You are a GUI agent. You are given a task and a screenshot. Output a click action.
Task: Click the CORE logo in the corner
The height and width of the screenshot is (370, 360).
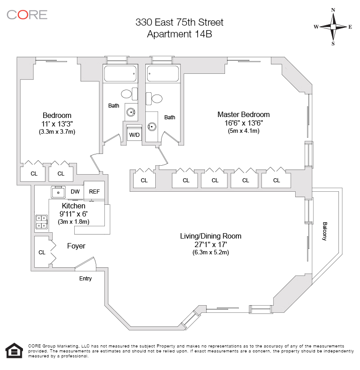click(27, 14)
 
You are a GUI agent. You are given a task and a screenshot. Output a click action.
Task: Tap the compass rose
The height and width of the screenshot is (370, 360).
click(333, 27)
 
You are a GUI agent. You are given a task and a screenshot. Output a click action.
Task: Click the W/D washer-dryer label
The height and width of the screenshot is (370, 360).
click(134, 135)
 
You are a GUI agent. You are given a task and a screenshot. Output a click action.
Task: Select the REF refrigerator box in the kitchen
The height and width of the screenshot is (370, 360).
click(94, 191)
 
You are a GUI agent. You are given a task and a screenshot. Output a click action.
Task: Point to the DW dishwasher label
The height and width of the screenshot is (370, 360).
click(75, 192)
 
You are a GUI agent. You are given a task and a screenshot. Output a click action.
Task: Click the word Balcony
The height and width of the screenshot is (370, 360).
click(324, 231)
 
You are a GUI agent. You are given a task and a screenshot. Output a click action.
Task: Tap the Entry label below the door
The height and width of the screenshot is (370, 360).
click(85, 279)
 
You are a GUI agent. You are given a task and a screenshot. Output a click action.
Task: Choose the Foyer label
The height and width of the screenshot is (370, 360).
click(76, 246)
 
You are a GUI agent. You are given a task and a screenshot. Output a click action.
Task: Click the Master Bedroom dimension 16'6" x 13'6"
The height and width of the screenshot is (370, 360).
click(243, 123)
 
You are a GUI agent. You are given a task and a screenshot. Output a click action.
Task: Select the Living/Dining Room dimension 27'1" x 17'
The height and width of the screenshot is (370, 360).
click(211, 244)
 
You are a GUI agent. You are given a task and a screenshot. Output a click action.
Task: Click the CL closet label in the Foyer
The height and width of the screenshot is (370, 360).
click(42, 253)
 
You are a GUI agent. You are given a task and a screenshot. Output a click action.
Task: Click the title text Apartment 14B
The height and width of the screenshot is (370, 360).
click(180, 33)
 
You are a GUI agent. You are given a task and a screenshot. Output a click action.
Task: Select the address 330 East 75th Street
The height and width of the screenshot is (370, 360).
click(180, 22)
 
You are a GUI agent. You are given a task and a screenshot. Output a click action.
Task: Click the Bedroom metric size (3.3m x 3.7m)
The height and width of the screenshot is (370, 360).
click(57, 132)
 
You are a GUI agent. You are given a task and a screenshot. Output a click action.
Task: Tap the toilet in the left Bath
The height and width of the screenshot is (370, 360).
click(126, 94)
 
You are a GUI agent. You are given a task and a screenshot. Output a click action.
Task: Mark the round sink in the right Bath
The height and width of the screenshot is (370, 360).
click(152, 126)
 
